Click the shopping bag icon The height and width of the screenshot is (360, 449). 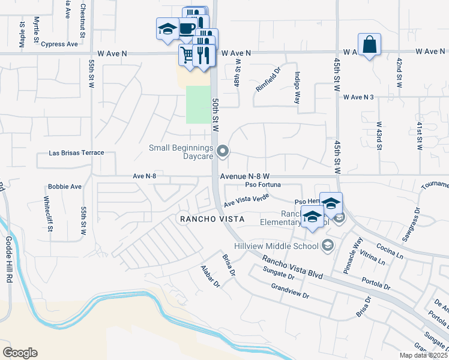[369, 44]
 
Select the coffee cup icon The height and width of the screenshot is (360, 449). [187, 29]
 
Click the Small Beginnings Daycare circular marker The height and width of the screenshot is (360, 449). [223, 151]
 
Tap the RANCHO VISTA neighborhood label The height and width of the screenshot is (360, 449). [212, 219]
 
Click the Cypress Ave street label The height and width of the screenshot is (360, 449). [60, 44]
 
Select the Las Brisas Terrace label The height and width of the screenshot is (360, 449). [79, 153]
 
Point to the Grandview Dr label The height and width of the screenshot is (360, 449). [290, 291]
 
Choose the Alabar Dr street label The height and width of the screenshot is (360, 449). [211, 275]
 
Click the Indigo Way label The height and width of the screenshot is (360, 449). [297, 88]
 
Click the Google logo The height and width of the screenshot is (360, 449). [20, 353]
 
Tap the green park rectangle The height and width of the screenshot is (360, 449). [198, 104]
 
